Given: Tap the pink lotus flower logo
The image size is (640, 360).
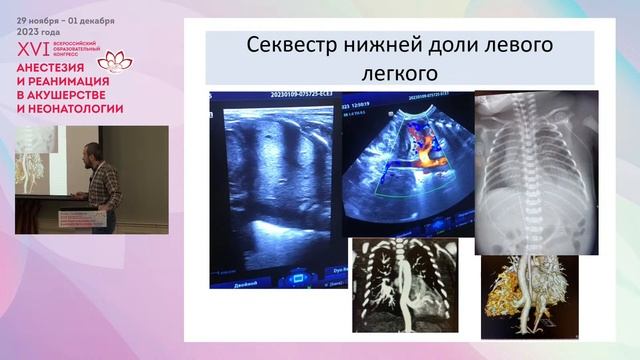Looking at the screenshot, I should click(114, 61).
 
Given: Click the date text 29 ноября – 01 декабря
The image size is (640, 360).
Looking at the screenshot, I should click(65, 20).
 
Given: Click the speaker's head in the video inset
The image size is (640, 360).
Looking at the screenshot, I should click(91, 152).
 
